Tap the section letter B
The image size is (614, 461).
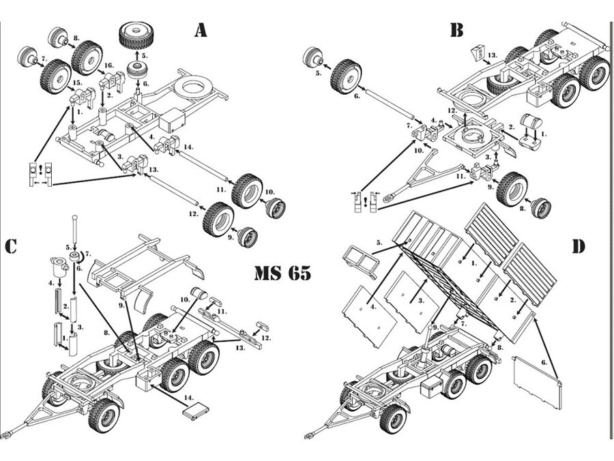tap(456, 31)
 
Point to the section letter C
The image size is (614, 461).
tap(10, 246)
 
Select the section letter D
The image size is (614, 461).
tap(577, 246)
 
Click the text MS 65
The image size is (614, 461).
tap(282, 273)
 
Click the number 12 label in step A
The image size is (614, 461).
tap(194, 213)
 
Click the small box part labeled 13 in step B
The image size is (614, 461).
tap(479, 53)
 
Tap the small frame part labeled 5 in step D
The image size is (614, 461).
tap(361, 261)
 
